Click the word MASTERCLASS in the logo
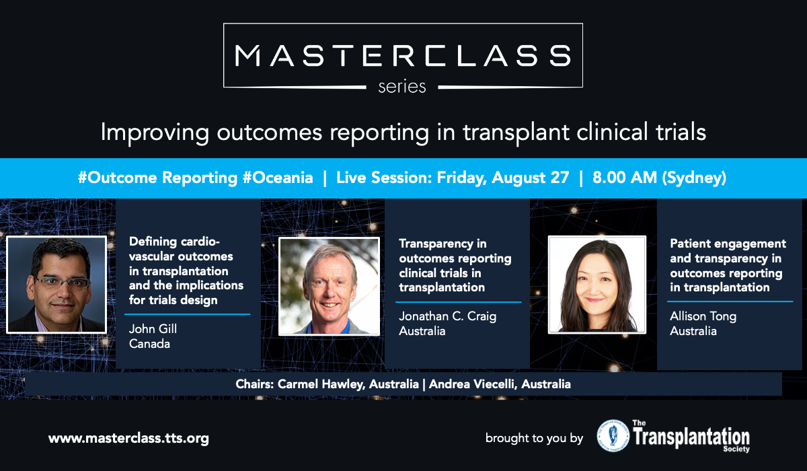pos(403,56)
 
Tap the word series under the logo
pos(402,87)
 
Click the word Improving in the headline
pos(155,133)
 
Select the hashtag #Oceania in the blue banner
pos(278,178)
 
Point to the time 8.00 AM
pos(625,178)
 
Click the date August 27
pos(531,178)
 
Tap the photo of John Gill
pos(56,285)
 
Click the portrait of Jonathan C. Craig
pos(330,286)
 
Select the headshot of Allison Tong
pos(597,285)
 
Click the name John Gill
pos(153,328)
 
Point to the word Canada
pos(149,344)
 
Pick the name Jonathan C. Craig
pos(447,316)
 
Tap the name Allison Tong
pos(703,316)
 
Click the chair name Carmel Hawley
pos(320,384)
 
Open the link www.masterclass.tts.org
pos(128,439)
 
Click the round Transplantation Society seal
pos(613,436)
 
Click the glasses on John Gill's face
pos(62,282)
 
